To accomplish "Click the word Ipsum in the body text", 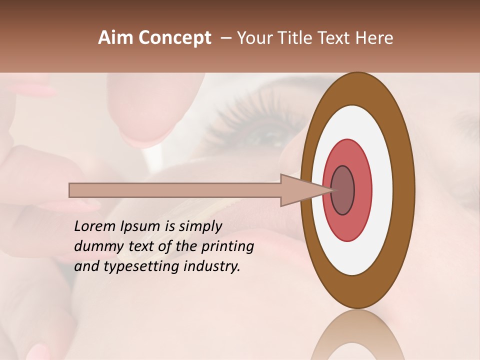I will coord(140,227).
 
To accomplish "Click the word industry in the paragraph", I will coord(212,266).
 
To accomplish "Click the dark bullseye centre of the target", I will coord(342,190).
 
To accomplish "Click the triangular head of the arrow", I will coord(300,190).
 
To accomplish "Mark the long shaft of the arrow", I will coord(175,190).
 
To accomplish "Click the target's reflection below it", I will coord(357,337).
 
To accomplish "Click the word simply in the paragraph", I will coord(200,227).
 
